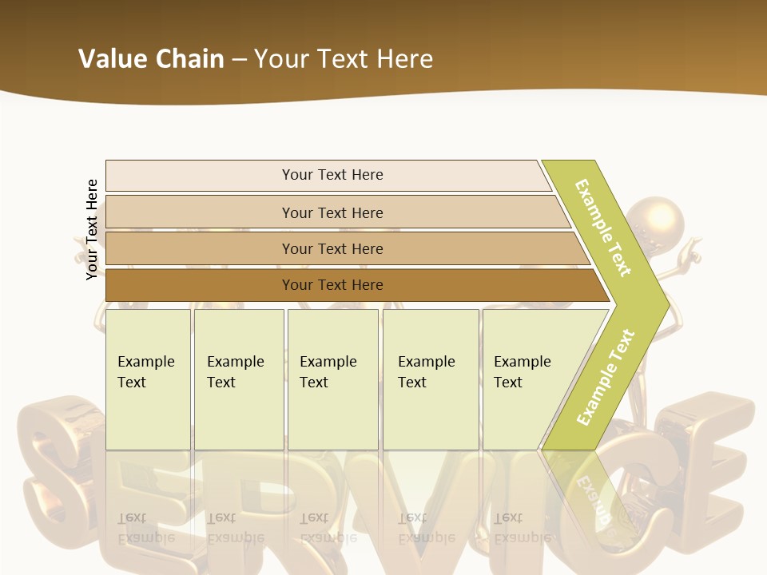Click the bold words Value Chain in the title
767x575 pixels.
pyautogui.click(x=151, y=59)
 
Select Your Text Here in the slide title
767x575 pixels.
pyautogui.click(x=344, y=59)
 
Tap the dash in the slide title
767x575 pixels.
pyautogui.click(x=239, y=60)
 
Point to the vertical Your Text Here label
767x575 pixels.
pyautogui.click(x=92, y=230)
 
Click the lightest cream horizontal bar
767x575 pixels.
pyautogui.click(x=328, y=175)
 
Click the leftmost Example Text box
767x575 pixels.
pyautogui.click(x=148, y=379)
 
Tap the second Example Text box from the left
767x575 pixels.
pyautogui.click(x=239, y=379)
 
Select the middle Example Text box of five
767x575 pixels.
pyautogui.click(x=332, y=379)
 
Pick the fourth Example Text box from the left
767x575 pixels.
pyautogui.click(x=431, y=379)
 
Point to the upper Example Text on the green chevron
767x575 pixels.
pyautogui.click(x=603, y=228)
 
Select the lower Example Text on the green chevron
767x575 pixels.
pyautogui.click(x=605, y=377)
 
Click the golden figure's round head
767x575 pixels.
pyautogui.click(x=655, y=218)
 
